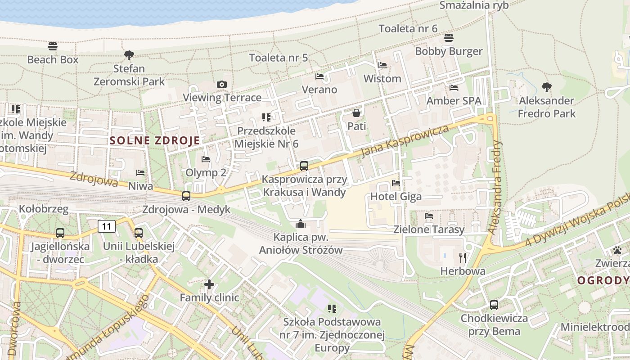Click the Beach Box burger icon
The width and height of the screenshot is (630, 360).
pyautogui.click(x=53, y=46)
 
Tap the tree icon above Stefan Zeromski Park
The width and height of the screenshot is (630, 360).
pyautogui.click(x=129, y=55)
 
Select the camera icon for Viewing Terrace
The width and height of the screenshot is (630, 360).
pyautogui.click(x=221, y=84)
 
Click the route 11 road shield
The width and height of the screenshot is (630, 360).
pyautogui.click(x=107, y=226)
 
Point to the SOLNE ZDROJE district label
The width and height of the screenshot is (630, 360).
pyautogui.click(x=154, y=140)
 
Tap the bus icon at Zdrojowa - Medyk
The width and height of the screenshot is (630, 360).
pyautogui.click(x=186, y=196)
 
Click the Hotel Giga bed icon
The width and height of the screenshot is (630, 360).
pyautogui.click(x=396, y=183)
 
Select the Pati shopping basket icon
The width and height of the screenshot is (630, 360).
pyautogui.click(x=356, y=113)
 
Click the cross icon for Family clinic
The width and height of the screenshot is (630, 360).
pyautogui.click(x=209, y=284)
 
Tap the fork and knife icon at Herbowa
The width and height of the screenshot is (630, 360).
pyautogui.click(x=463, y=258)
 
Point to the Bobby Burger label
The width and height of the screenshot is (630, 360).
pyautogui.click(x=449, y=51)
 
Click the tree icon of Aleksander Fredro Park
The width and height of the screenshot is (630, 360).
pyautogui.click(x=547, y=87)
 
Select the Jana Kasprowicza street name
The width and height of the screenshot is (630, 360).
pyautogui.click(x=405, y=141)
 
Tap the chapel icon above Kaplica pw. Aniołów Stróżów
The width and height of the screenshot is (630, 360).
pyautogui.click(x=301, y=223)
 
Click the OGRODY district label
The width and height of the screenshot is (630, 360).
pyautogui.click(x=603, y=281)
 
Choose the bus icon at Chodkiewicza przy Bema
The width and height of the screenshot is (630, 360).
pyautogui.click(x=494, y=305)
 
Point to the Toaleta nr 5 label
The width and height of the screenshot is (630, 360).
pyautogui.click(x=279, y=58)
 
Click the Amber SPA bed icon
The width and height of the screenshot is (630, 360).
pyautogui.click(x=454, y=88)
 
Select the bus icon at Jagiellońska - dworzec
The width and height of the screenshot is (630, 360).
pyautogui.click(x=60, y=233)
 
